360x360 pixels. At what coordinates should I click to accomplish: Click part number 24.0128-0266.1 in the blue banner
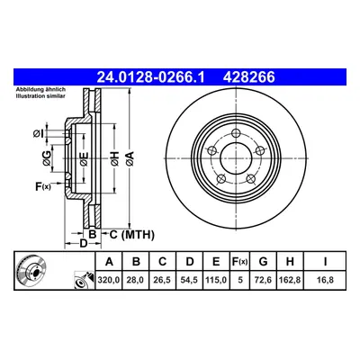[150, 77]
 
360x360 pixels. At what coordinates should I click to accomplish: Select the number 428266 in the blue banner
[248, 77]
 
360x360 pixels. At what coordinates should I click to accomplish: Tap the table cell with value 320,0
[109, 280]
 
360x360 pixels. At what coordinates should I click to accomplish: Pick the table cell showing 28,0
[136, 280]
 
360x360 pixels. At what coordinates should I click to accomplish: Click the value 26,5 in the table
[162, 280]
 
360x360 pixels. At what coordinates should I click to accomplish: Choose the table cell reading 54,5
[189, 280]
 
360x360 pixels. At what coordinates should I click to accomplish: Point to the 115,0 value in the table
[216, 280]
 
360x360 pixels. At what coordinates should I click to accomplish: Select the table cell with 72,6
[263, 280]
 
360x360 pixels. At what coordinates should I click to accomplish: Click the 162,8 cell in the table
[290, 280]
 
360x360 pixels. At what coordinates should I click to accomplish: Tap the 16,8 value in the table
[325, 280]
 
